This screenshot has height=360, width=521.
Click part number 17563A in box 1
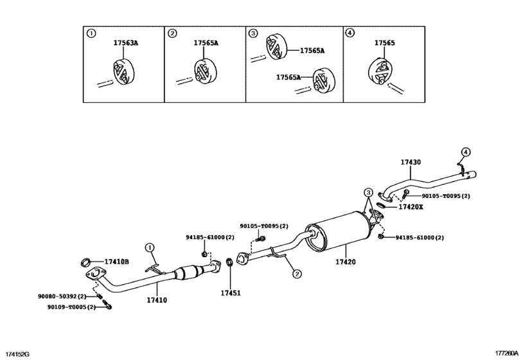(x=126, y=43)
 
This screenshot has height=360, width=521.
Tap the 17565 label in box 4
(x=384, y=43)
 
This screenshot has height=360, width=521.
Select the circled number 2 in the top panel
(x=172, y=33)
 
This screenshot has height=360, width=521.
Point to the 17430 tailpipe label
(x=411, y=164)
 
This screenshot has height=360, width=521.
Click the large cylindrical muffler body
(x=337, y=235)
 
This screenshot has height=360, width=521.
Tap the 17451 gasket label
(x=231, y=293)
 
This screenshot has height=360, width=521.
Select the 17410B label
(x=118, y=262)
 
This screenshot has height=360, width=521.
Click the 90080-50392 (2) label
(x=67, y=296)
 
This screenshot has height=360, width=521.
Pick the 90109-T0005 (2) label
(x=71, y=307)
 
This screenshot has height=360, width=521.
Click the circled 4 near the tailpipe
(x=466, y=152)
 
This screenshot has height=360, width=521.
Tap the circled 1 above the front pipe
(x=149, y=246)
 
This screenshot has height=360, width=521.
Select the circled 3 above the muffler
(x=368, y=193)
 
